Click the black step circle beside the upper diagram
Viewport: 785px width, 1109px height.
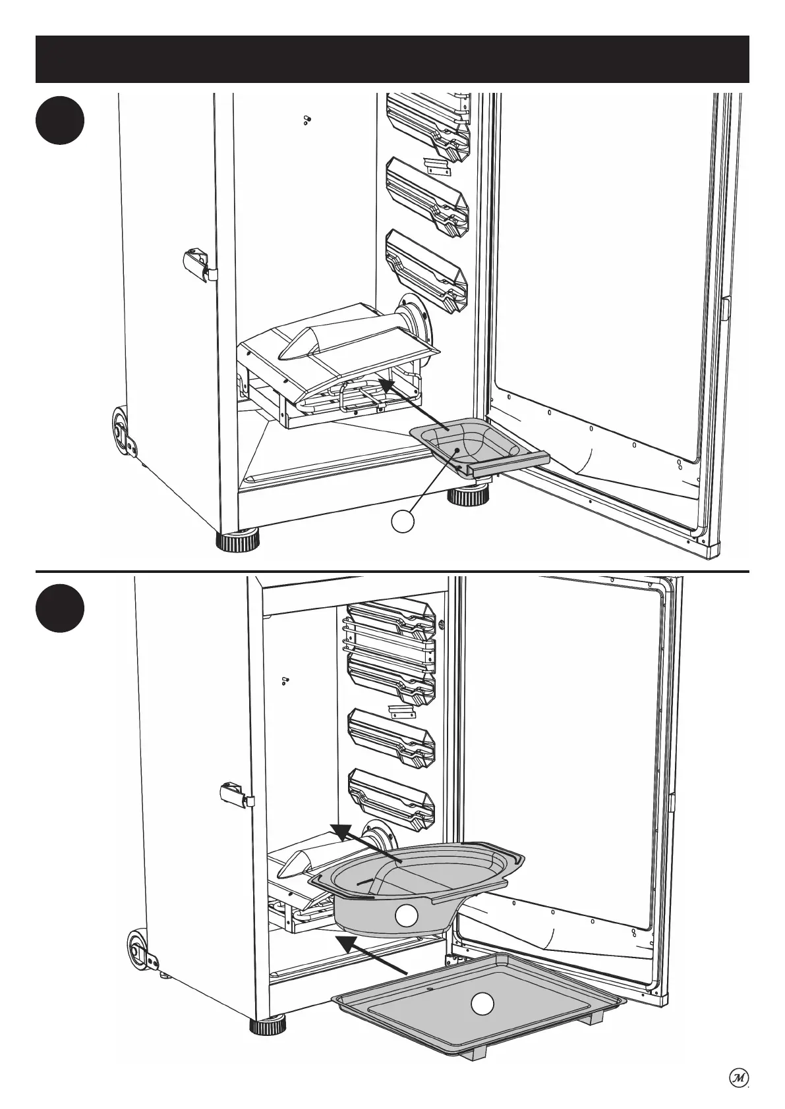(x=60, y=121)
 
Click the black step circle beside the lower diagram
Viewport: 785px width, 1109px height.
(x=60, y=609)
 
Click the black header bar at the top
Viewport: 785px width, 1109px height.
(x=392, y=59)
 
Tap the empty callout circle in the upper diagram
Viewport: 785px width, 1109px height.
(x=403, y=522)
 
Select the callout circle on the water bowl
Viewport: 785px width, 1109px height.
(x=406, y=915)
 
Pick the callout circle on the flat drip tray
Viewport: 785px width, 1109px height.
(x=482, y=1021)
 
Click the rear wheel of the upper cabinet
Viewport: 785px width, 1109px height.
(x=121, y=431)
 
